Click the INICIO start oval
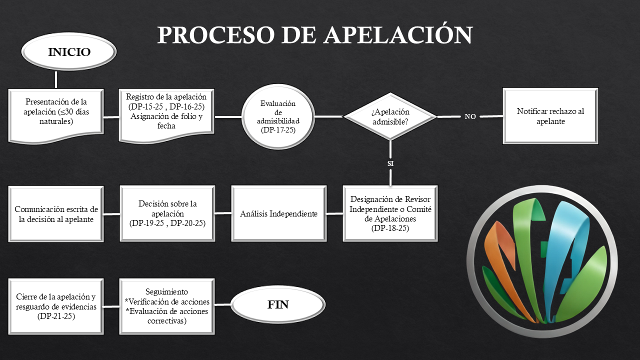click(x=69, y=52)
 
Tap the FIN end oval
click(x=278, y=304)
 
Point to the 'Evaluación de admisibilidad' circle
click(x=278, y=116)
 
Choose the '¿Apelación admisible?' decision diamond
click(x=390, y=116)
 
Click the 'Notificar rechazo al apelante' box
click(x=550, y=116)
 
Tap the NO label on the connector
click(x=470, y=116)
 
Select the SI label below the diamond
click(x=390, y=163)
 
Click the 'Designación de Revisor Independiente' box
click(x=390, y=213)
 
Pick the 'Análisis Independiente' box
click(x=278, y=214)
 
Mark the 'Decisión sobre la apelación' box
click(x=167, y=214)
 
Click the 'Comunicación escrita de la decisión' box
click(x=56, y=214)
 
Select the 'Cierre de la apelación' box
click(x=56, y=306)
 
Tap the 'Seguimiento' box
click(x=167, y=306)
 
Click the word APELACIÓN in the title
click(x=397, y=35)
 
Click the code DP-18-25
click(x=390, y=228)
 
